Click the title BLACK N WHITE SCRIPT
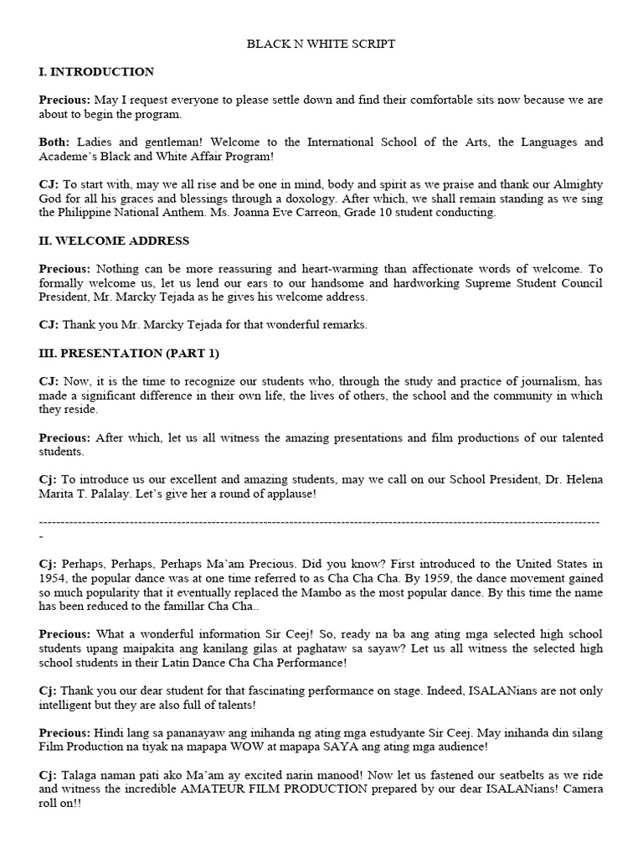pos(321,44)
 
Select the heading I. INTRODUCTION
pos(96,72)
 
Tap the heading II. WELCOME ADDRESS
pos(114,240)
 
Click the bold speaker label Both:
pos(54,142)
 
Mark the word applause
pos(286,494)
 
